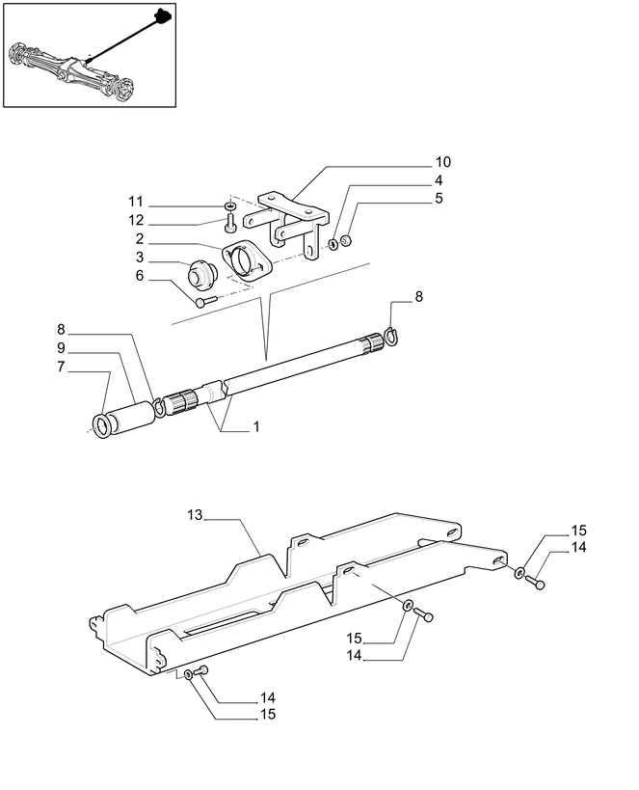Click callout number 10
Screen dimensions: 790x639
click(x=442, y=161)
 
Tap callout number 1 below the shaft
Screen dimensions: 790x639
click(x=256, y=425)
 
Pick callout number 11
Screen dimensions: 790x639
click(x=137, y=203)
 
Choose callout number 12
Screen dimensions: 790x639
click(x=137, y=220)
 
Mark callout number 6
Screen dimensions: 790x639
click(x=140, y=276)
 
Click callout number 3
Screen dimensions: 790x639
click(x=140, y=257)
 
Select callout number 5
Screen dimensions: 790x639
click(x=439, y=199)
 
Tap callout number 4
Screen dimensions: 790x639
click(x=439, y=180)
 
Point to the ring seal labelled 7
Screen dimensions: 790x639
click(x=101, y=423)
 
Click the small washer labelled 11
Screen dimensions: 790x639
click(x=230, y=206)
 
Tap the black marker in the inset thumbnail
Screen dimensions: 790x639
click(x=163, y=15)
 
